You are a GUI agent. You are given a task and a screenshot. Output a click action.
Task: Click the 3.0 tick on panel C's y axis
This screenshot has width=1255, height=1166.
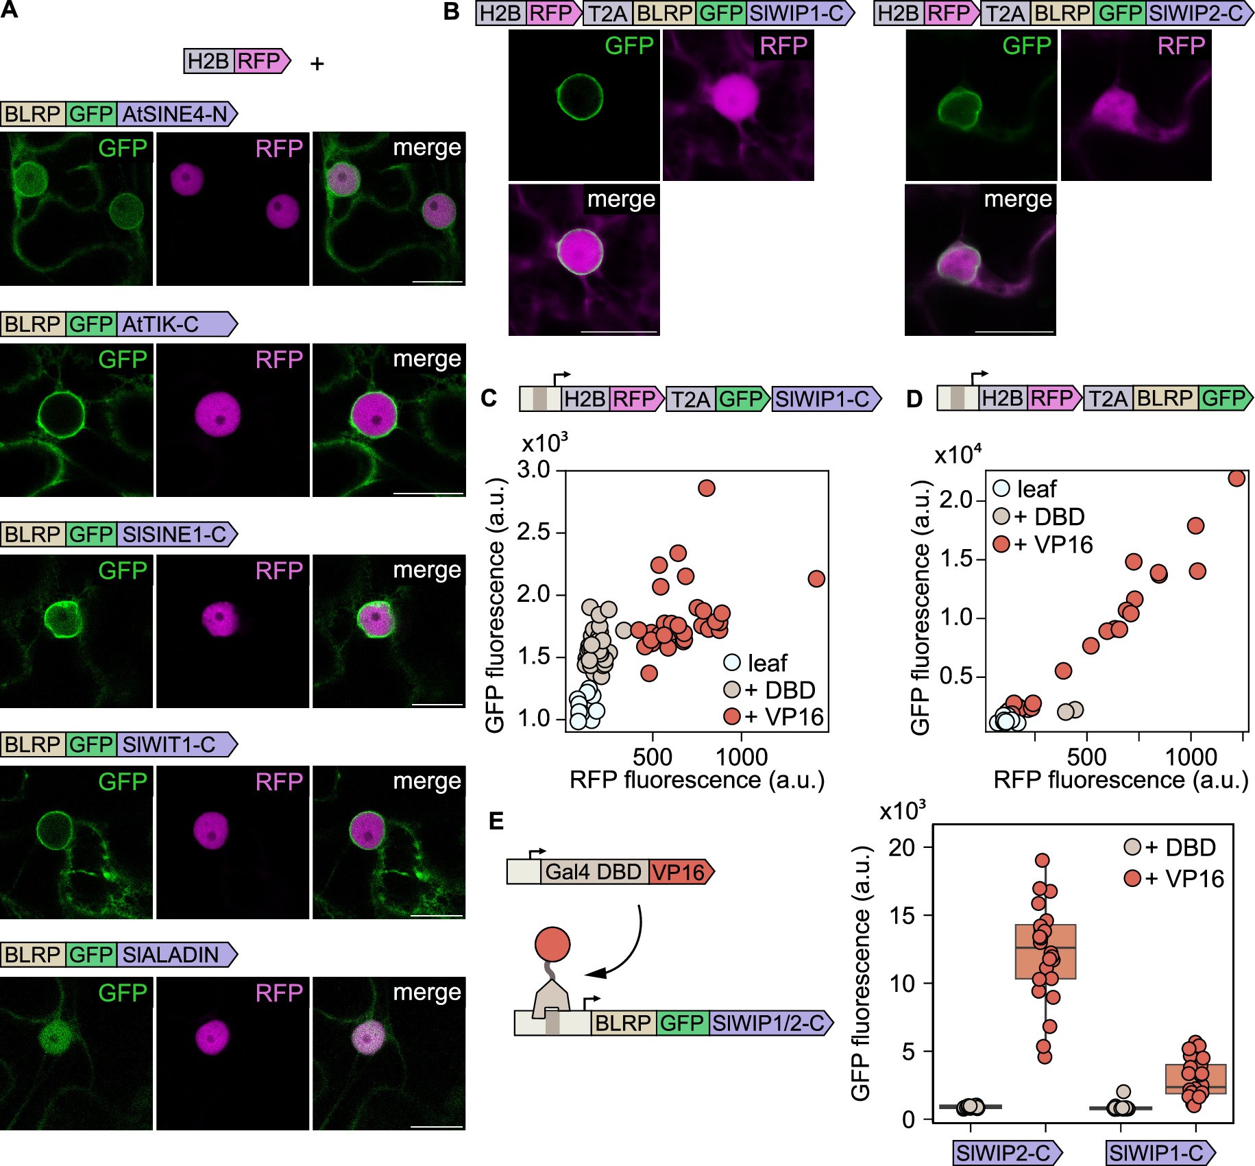click(x=534, y=470)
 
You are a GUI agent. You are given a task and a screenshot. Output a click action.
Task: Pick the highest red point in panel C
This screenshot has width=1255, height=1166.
click(x=706, y=488)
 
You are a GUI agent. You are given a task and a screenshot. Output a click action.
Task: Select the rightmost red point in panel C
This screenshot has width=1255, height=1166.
click(x=816, y=579)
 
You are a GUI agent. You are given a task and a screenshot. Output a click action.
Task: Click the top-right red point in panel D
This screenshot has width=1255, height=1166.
click(x=1236, y=478)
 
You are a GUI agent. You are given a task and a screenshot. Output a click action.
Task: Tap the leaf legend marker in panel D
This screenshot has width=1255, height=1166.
click(x=1001, y=488)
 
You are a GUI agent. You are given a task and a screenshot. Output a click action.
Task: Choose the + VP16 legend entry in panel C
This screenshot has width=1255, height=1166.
click(x=773, y=716)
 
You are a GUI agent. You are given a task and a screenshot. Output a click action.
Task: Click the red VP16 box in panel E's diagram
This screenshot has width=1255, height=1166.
click(x=679, y=872)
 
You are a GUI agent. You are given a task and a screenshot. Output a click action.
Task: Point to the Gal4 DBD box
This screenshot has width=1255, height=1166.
click(x=593, y=872)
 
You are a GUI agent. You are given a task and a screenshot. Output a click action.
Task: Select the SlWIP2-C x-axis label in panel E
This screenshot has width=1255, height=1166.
click(x=1004, y=1153)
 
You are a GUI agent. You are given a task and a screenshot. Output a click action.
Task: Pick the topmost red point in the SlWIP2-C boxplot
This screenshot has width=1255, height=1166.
click(x=1043, y=860)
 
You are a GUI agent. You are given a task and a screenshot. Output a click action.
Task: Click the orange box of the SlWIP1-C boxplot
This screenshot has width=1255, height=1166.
click(x=1196, y=1078)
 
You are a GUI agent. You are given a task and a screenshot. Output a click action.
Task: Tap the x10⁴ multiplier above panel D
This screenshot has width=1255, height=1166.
click(x=958, y=454)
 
